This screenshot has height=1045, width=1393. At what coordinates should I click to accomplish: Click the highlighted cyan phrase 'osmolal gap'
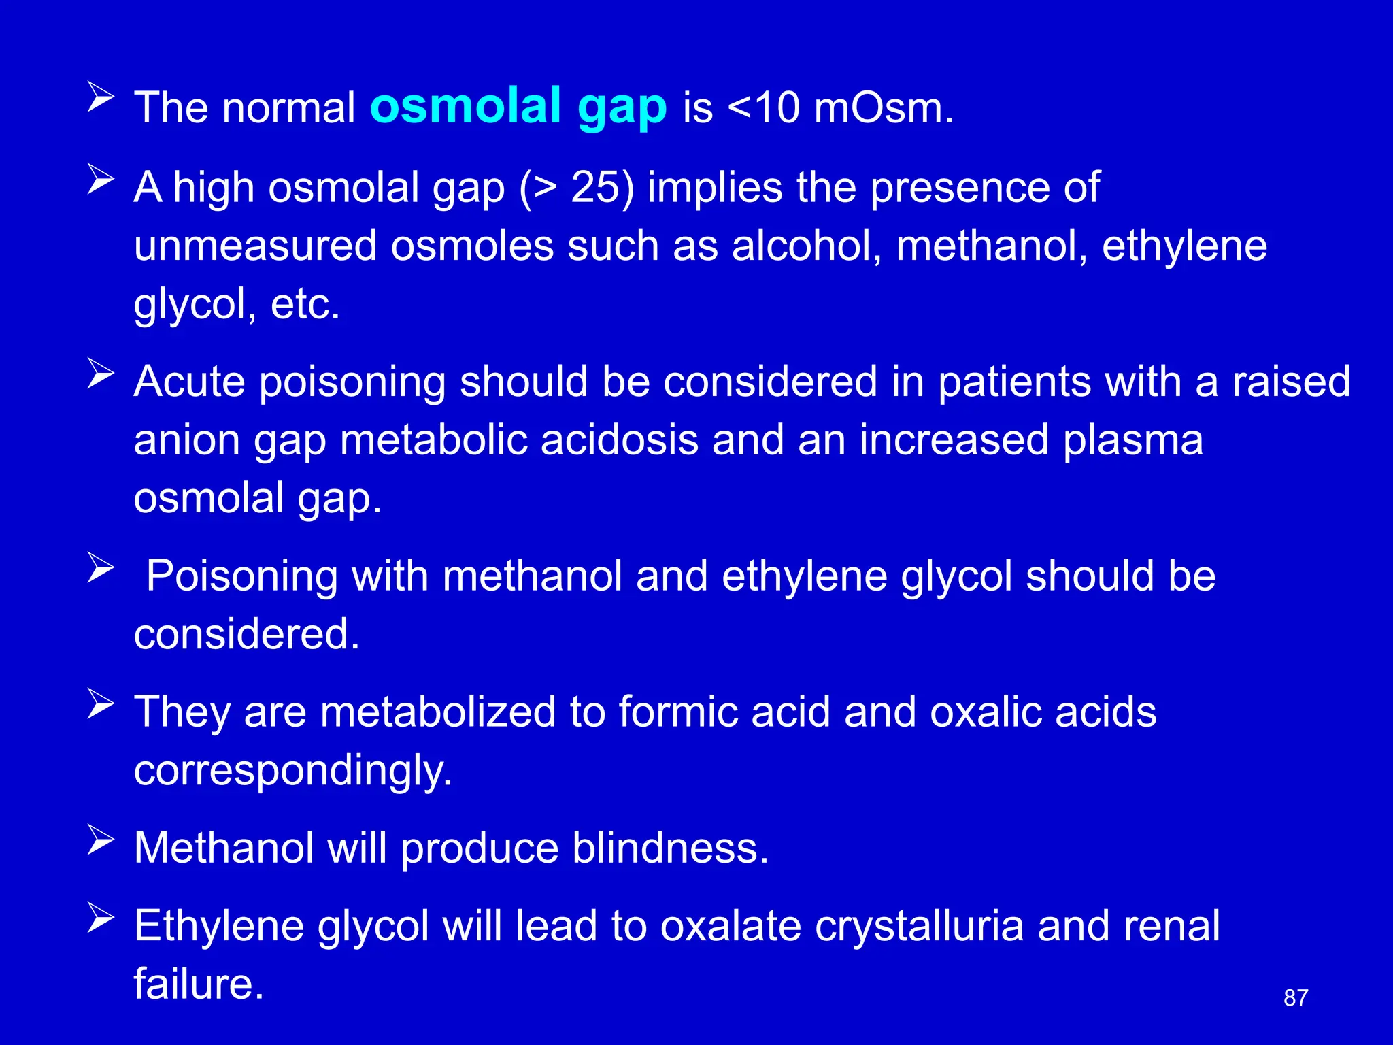[518, 107]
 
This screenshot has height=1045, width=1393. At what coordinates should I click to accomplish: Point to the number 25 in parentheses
[594, 187]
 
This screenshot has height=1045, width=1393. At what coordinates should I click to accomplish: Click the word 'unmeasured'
[255, 246]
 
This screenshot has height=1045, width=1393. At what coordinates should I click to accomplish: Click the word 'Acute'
[189, 381]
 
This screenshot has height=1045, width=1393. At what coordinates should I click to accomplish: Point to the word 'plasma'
[1132, 440]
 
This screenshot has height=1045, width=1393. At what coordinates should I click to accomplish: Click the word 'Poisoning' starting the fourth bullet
[241, 576]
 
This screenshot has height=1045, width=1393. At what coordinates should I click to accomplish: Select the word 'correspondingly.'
[293, 771]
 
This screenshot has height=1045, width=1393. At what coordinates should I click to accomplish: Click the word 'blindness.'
[670, 848]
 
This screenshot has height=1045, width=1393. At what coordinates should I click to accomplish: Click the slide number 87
[1296, 998]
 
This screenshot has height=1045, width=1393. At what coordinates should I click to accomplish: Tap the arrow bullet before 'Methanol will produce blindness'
[101, 840]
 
